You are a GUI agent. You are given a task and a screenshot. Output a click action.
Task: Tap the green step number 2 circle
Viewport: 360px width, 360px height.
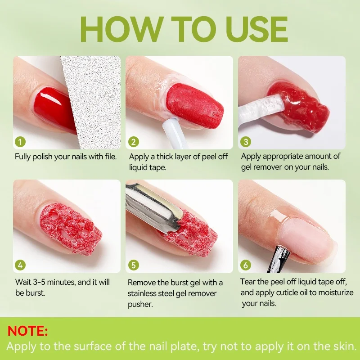pos(134,142)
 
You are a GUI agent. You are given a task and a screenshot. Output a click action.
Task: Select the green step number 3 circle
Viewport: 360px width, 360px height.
pos(246,142)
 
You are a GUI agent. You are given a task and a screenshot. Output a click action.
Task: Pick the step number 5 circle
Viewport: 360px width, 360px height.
pos(134,265)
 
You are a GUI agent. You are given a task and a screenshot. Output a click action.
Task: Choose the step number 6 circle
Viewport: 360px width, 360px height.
pos(246,265)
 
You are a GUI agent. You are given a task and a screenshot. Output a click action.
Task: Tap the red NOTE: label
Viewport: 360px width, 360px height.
pos(28,332)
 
